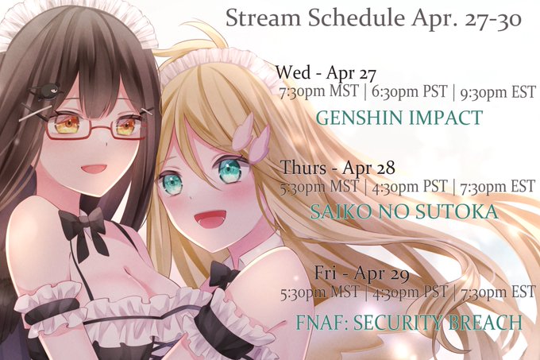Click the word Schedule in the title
[356, 18]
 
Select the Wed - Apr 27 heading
[326, 73]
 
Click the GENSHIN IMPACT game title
[399, 118]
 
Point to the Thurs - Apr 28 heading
[337, 168]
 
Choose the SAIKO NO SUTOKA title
[404, 212]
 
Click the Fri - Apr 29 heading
[362, 274]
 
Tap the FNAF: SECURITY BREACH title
[409, 323]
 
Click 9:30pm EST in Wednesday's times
[498, 92]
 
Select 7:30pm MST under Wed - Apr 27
[319, 91]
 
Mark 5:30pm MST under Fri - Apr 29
[319, 292]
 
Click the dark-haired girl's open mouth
[94, 171]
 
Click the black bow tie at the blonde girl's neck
[223, 274]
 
